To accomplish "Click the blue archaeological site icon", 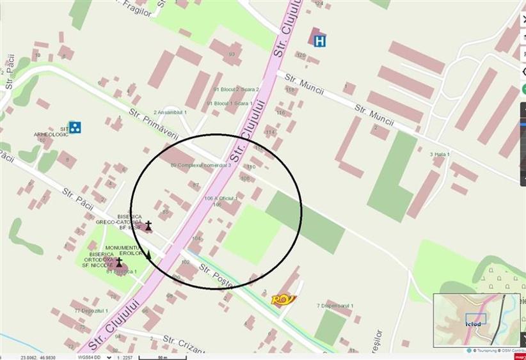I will coord(75,127).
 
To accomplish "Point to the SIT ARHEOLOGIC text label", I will coord(51,132).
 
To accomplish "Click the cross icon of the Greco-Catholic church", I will coord(148,225).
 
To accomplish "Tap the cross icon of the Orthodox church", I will coord(119,262).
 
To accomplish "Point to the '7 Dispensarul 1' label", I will coord(335,306).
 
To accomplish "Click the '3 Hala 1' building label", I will coord(441,154).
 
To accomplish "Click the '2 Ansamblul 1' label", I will coord(170,113).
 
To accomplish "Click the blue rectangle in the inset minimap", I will coord(475,318).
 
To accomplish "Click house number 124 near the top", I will coord(319,4).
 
